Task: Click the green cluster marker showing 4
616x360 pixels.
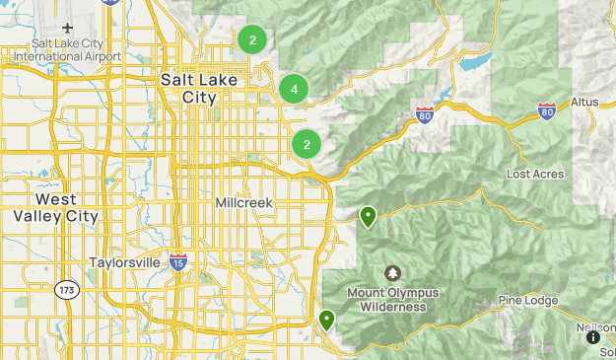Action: click(x=294, y=89)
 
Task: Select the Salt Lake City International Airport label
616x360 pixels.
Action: click(x=68, y=50)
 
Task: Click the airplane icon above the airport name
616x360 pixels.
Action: click(x=68, y=27)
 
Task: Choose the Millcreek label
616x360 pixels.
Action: click(x=243, y=202)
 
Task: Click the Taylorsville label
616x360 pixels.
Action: click(x=131, y=263)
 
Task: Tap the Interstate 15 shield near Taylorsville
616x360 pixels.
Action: click(x=178, y=261)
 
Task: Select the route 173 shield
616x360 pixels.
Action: click(x=67, y=290)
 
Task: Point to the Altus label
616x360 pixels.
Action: click(x=584, y=103)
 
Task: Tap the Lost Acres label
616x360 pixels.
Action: click(x=535, y=175)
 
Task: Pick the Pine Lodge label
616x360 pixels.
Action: click(x=528, y=301)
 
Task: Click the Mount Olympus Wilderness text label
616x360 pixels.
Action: click(x=392, y=300)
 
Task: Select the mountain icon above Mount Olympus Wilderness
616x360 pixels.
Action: click(x=392, y=273)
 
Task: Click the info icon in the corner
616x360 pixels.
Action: click(x=593, y=337)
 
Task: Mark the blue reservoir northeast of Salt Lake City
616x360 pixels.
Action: click(x=473, y=65)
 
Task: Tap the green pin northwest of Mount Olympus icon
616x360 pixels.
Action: click(x=369, y=216)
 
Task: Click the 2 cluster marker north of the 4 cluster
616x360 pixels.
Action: click(x=252, y=40)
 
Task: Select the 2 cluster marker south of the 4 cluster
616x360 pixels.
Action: click(x=307, y=144)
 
